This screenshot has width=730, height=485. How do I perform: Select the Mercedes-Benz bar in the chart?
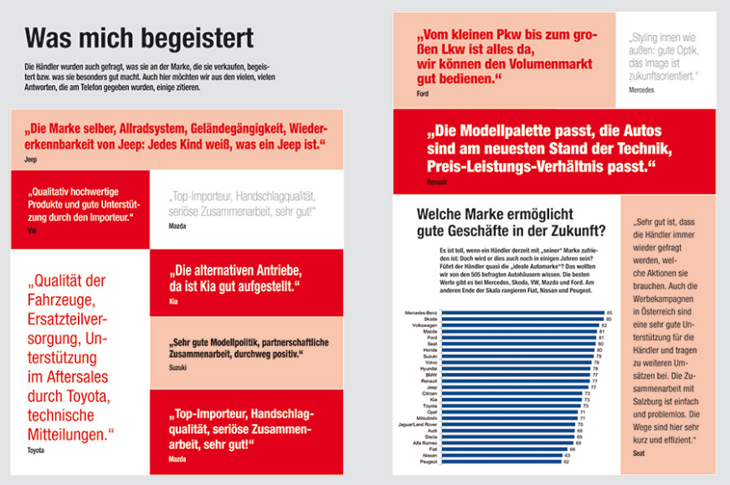(x=522, y=313)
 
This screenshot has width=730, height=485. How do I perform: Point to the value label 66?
(x=572, y=449)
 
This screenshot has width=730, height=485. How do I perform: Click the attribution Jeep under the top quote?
(x=31, y=157)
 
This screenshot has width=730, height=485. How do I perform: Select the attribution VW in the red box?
(x=32, y=230)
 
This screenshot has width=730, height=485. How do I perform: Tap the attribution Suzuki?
(x=178, y=367)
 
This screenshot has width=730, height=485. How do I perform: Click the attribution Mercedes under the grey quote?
(x=640, y=89)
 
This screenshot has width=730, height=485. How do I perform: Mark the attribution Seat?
(x=640, y=452)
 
